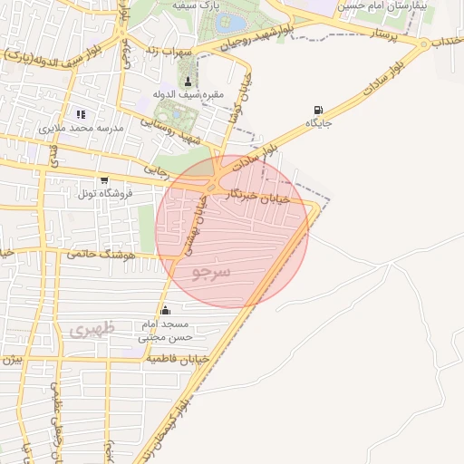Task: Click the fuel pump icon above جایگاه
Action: click(317, 109)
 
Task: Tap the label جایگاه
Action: click(318, 122)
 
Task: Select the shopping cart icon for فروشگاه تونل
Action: click(104, 179)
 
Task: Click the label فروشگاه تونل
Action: click(105, 193)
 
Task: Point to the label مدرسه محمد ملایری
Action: click(80, 129)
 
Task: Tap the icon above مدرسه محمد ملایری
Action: click(80, 115)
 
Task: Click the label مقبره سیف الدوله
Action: click(188, 94)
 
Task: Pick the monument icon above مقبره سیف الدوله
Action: click(188, 81)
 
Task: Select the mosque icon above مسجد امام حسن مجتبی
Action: click(165, 311)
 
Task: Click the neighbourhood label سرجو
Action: click(212, 271)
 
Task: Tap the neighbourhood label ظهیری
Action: click(92, 330)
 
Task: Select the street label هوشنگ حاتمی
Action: click(100, 255)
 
